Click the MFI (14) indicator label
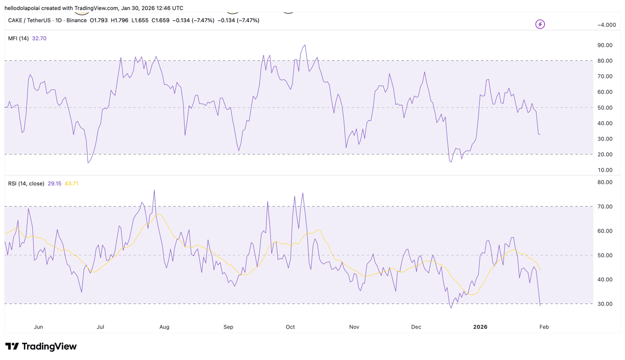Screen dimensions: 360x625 18,38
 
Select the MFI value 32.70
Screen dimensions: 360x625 39,38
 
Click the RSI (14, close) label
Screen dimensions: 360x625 26,183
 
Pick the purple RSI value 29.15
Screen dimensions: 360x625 54,183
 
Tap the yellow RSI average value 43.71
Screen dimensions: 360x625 71,183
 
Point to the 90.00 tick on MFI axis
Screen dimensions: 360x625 605,45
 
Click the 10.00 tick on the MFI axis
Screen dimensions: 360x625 605,170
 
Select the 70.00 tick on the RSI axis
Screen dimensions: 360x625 605,206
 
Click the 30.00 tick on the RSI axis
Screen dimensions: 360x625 605,304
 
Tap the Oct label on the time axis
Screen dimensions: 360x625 290,327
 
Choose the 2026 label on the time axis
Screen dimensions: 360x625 480,327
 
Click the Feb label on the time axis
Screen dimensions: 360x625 544,327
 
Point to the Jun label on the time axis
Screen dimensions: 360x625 38,327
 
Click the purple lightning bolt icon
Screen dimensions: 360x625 540,24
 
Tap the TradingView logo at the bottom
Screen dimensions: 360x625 41,346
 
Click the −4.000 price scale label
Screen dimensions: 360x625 606,25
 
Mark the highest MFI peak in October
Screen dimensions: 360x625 305,45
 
